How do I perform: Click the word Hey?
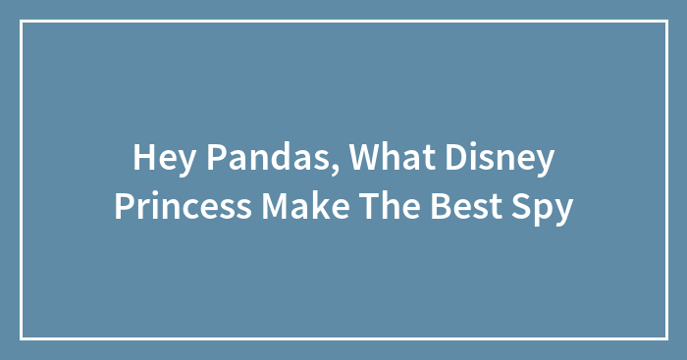[x=159, y=157]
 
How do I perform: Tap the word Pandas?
[x=260, y=157]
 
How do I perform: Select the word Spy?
[x=547, y=208]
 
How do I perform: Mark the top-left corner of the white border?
[x=22, y=22]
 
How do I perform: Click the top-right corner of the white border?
[x=665, y=22]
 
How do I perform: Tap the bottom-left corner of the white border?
[x=22, y=337]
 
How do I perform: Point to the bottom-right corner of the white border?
[x=665, y=337]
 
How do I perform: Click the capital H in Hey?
[x=141, y=157]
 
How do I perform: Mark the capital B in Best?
[x=449, y=206]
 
